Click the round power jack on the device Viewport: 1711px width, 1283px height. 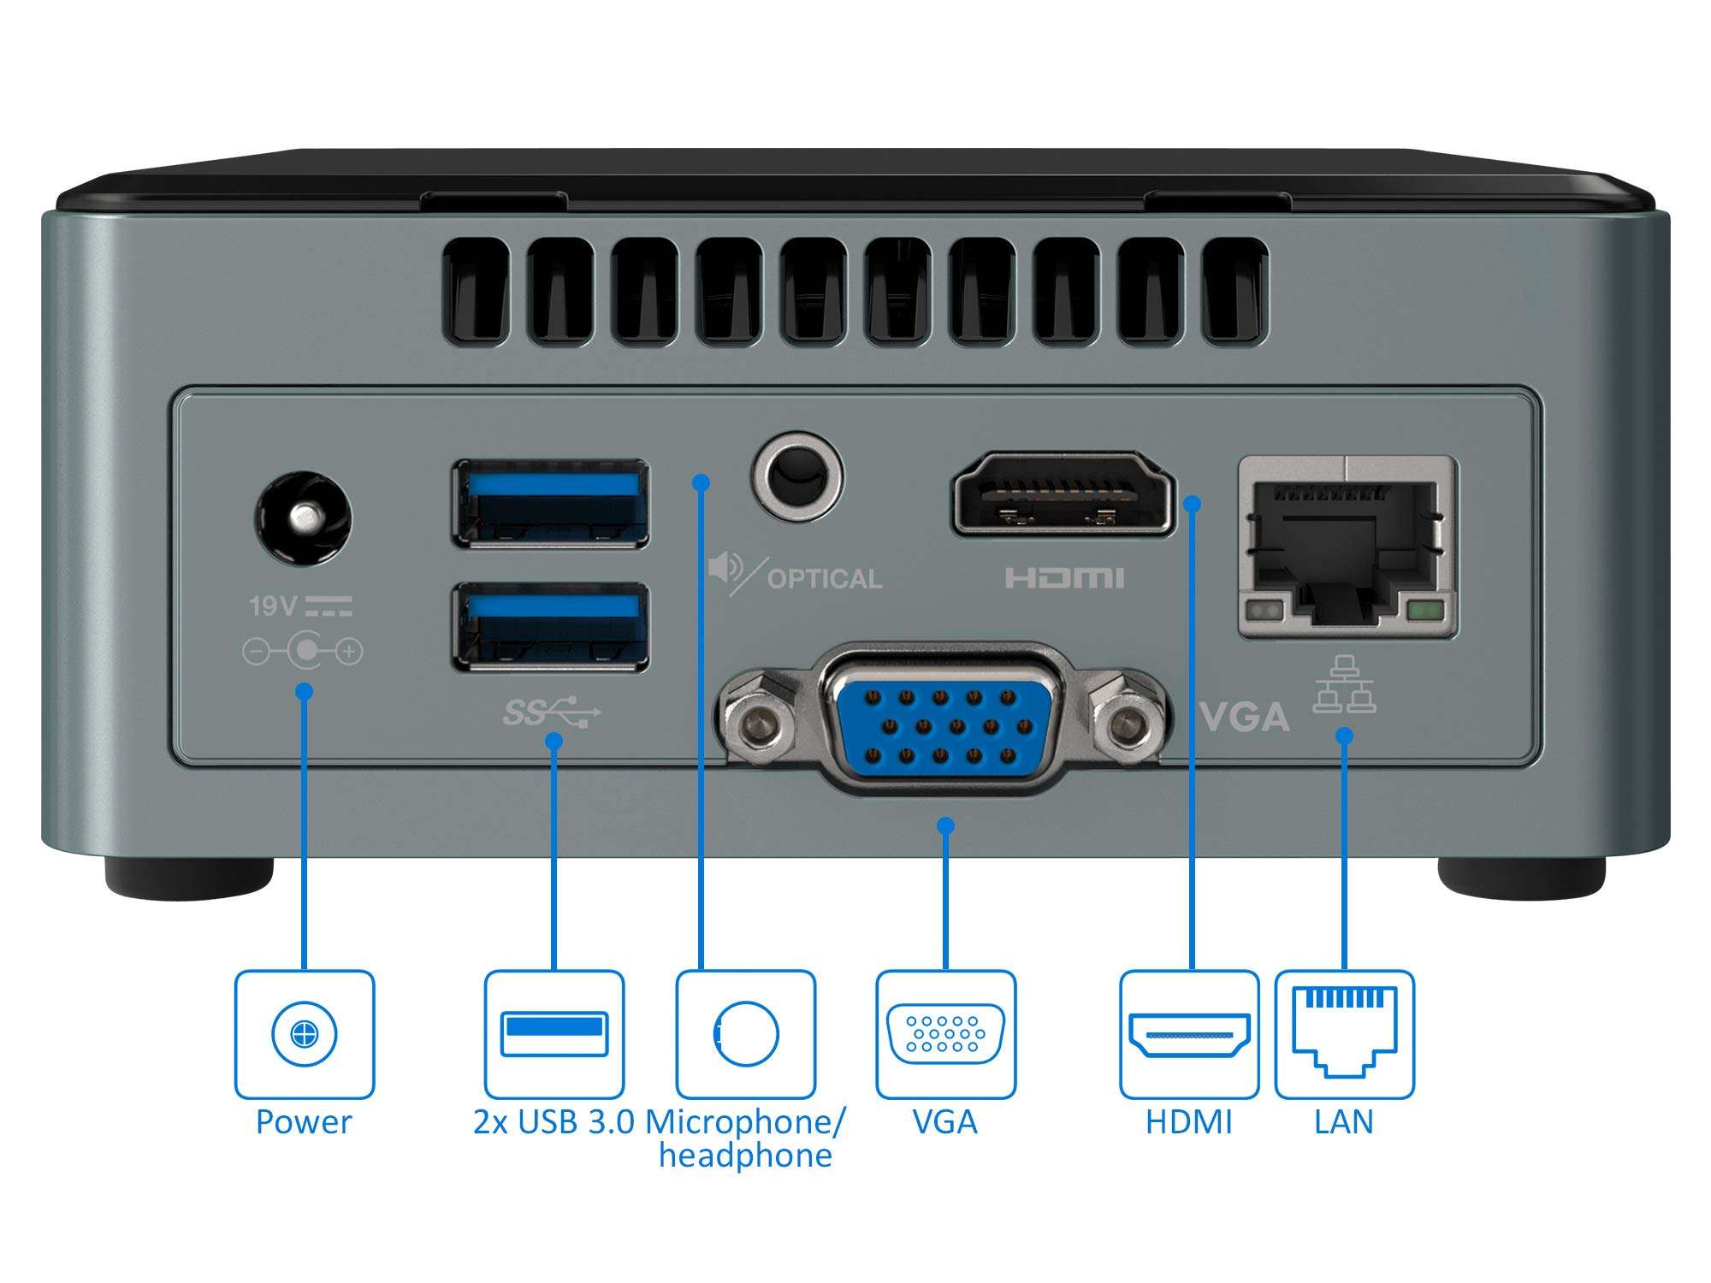pos(304,518)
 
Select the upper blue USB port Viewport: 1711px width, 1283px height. pos(550,504)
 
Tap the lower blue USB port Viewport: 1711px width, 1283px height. pos(550,627)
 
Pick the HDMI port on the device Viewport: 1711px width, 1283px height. pos(1063,494)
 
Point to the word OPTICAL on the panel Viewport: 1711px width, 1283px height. pos(824,579)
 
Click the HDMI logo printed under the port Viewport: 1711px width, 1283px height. pos(1064,578)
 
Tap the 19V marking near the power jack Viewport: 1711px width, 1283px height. pos(272,606)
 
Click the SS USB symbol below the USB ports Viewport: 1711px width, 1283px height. pos(552,712)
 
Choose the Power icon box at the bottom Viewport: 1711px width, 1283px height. pos(305,1033)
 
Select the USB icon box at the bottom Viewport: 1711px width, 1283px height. pos(554,1033)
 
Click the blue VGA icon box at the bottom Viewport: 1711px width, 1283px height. pos(945,1033)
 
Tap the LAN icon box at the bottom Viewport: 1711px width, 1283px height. pos(1344,1033)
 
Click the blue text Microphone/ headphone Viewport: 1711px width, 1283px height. pos(744,1138)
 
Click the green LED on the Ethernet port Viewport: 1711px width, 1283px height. pos(1424,611)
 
